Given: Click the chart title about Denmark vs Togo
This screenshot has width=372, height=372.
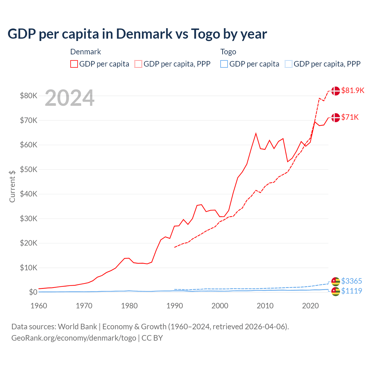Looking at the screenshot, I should tap(137, 34).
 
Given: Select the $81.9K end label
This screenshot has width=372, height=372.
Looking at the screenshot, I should tap(353, 90).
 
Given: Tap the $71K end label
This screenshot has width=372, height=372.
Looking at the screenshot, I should tap(350, 117).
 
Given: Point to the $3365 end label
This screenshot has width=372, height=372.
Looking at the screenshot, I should tap(351, 281).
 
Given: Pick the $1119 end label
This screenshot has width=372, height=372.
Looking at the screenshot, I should tap(351, 291).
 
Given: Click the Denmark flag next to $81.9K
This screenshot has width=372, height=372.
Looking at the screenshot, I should tap(335, 91).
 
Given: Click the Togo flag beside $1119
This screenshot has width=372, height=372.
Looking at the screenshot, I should tap(335, 291).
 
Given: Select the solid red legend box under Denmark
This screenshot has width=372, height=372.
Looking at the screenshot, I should tap(74, 64).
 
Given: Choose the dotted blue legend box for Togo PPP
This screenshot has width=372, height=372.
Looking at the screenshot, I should tap(289, 64).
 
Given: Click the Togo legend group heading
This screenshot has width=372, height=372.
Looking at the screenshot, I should tap(228, 52).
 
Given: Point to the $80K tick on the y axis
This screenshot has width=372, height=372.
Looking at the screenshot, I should tap(28, 96).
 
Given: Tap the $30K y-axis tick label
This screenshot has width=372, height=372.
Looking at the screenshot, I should tap(28, 219).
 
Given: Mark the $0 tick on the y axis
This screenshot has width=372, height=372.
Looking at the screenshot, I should tap(33, 292).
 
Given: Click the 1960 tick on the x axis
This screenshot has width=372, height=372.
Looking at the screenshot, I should tap(39, 306).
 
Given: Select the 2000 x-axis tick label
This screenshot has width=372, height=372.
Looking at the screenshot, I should tap(220, 306).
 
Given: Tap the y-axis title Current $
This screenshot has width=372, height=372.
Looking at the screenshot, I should tap(12, 186).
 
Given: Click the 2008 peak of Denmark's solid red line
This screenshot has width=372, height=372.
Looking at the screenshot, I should tap(256, 133).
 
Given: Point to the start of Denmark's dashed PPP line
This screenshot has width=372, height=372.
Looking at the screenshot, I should tap(174, 247).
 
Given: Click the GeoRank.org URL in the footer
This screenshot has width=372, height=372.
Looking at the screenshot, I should tap(74, 338).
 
